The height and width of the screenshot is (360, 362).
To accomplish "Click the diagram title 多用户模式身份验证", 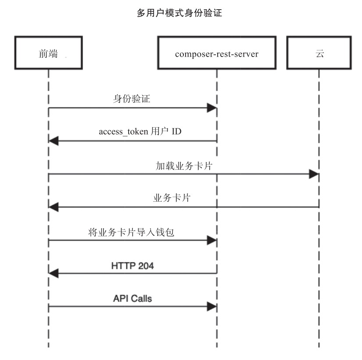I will [x=180, y=14].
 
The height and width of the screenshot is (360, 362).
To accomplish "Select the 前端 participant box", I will [x=48, y=53].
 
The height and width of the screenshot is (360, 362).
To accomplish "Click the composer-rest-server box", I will [x=216, y=53].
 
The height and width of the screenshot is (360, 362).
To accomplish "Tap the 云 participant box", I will [x=319, y=53].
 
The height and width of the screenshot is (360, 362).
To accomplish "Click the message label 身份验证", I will [x=132, y=99].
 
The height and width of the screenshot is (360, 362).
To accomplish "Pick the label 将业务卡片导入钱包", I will [x=131, y=232].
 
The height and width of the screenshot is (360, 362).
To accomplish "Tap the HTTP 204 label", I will [x=133, y=265].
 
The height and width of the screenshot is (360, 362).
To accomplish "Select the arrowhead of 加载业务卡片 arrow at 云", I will [x=314, y=175].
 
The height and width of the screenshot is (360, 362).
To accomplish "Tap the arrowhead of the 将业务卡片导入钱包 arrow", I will [x=212, y=240].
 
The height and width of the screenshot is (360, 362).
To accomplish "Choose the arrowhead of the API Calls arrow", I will [x=212, y=307].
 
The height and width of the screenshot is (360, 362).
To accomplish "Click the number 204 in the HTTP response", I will [x=145, y=265].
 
